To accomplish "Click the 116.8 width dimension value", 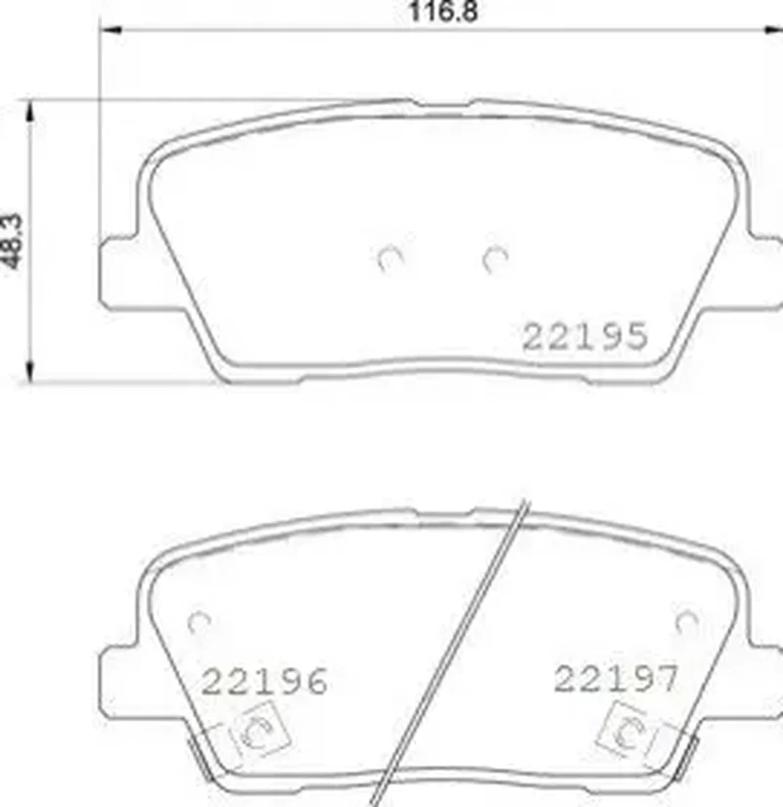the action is click(x=442, y=12).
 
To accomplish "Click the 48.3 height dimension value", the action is click(x=13, y=241).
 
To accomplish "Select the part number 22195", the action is click(x=584, y=337).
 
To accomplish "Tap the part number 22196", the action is click(x=264, y=681).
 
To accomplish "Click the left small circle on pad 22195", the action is click(x=390, y=259).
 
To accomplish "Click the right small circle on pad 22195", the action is click(x=495, y=259).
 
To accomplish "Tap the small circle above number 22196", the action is click(x=199, y=623).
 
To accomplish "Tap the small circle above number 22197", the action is click(x=687, y=622).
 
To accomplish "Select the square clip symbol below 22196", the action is click(x=260, y=730).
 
